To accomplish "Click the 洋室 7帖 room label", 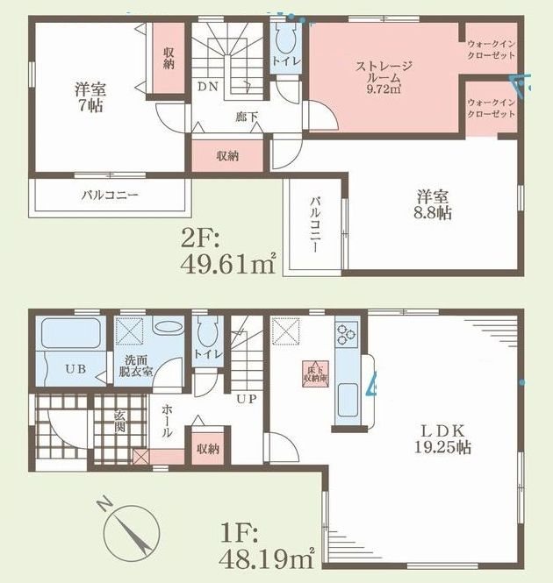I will pyautogui.click(x=84, y=96).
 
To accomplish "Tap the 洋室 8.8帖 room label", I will pyautogui.click(x=434, y=204).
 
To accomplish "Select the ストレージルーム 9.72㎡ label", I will pyautogui.click(x=384, y=76).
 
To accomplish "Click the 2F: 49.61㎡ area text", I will pyautogui.click(x=229, y=252).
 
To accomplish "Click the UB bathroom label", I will pyautogui.click(x=75, y=369).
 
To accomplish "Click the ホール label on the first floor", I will pyautogui.click(x=167, y=423).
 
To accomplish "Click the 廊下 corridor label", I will pyautogui.click(x=245, y=115).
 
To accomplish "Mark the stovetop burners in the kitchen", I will pyautogui.click(x=344, y=334).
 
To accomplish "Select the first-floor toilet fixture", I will pyautogui.click(x=208, y=334).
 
